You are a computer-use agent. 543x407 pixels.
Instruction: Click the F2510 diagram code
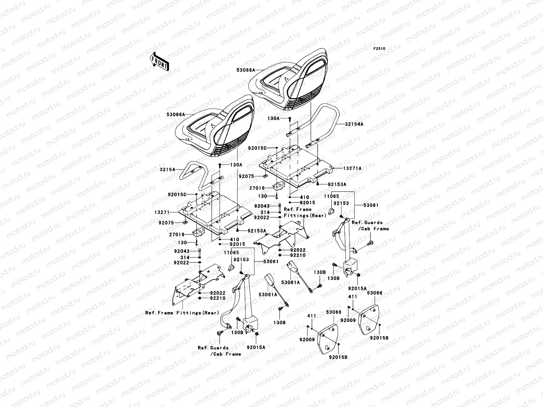tap(379, 49)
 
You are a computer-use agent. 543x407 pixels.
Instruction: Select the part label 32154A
tap(354, 124)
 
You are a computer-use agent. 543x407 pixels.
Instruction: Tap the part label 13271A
tap(353, 168)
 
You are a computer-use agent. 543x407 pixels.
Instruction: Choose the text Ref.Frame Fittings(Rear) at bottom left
tap(182, 313)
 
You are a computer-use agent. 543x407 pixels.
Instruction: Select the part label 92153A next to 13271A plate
tap(337, 184)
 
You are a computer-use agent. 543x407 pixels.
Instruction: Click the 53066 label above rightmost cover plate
tap(375, 293)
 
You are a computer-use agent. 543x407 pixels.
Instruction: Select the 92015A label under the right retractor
tap(358, 288)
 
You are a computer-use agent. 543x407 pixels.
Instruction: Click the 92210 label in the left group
tap(218, 298)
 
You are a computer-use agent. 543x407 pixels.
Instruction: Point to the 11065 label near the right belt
tap(331, 196)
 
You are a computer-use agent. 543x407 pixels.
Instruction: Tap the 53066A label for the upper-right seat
tap(246, 70)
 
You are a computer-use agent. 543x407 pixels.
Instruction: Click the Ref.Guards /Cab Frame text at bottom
tap(219, 351)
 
